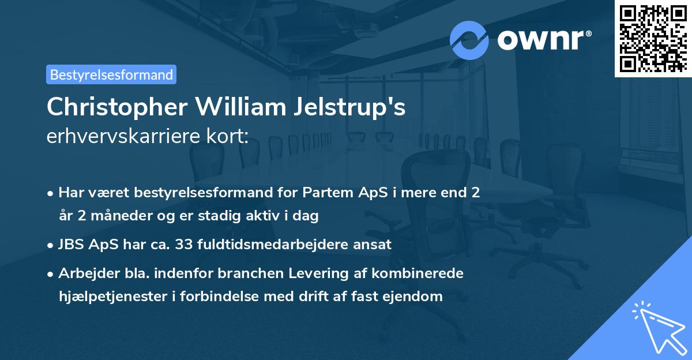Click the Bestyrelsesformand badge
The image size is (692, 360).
click(x=111, y=74)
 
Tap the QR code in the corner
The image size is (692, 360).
click(x=653, y=38)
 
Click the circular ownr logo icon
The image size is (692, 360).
click(x=469, y=40)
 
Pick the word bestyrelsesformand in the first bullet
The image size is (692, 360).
click(x=202, y=192)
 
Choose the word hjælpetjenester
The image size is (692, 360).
click(x=116, y=297)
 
